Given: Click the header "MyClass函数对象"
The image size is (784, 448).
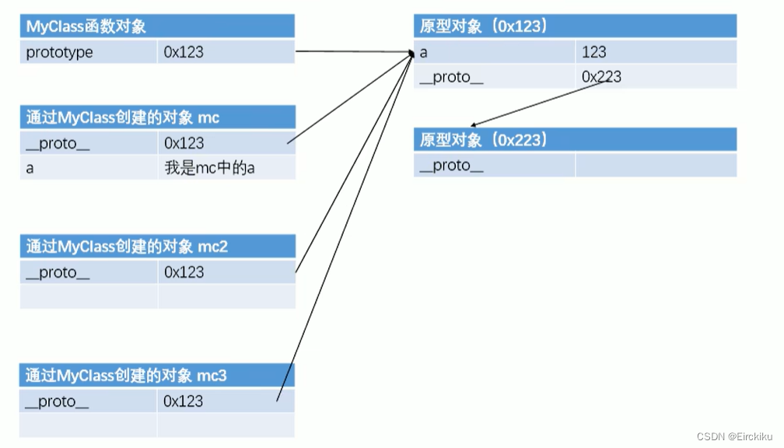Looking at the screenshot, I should pos(86,26).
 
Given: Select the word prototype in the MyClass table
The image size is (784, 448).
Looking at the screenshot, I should pos(59,52).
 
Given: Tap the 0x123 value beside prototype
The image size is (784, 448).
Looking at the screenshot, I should pos(184,52).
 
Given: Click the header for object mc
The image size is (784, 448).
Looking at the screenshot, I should pos(122,117).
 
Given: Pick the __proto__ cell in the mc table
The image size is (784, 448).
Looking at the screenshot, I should pos(58,143).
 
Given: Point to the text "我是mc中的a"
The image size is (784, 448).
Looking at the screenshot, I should pos(209,167).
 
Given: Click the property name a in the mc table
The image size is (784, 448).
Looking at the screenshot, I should pos(30,167).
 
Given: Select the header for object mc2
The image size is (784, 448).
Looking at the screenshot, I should pos(127,247).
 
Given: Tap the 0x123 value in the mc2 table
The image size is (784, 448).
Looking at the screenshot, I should pos(184,272).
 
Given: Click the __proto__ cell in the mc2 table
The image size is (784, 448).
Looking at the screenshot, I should pos(58,272).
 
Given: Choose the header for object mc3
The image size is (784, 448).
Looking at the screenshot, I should pos(127,376).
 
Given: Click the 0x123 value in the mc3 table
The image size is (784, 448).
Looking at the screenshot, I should pos(184,401).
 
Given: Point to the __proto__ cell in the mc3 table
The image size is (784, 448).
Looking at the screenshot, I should pos(58,401).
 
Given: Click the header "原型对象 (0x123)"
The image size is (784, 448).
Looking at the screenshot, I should pos(484,26).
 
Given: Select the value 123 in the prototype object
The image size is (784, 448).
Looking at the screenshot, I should pos(594,52).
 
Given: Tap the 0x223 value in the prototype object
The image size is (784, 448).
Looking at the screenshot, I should pos(601,76).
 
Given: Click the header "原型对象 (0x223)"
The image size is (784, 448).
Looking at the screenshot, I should pos(484,140).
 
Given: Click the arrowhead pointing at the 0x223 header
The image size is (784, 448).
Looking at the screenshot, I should pos(474,124).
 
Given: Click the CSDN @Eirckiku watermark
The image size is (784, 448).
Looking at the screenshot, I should pos(733,436).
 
